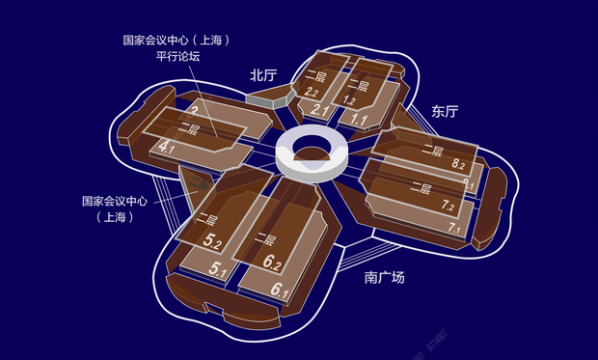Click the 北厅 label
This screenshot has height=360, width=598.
click(263, 74)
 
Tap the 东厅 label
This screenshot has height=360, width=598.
click(445, 111)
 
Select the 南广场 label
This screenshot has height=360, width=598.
click(385, 278)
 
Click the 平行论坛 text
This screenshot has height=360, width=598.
click(178, 57)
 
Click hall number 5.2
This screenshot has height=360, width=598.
click(215, 241)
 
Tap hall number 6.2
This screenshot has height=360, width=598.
click(272, 263)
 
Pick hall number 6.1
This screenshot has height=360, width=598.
click(281, 290)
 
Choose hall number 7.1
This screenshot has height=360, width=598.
click(454, 229)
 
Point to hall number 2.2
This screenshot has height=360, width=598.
click(311, 92)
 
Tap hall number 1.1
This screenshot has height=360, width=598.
click(360, 120)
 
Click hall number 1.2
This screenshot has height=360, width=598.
click(349, 99)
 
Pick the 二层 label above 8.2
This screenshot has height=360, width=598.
click(431, 152)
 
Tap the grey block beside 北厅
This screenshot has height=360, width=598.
click(261, 97)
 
